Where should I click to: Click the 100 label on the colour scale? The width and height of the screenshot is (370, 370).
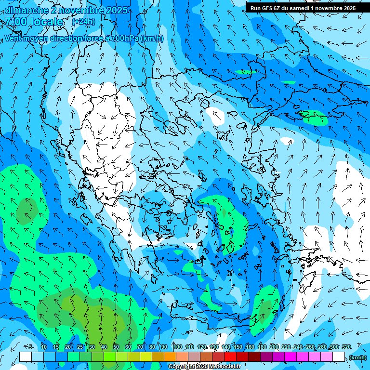pos(177,347)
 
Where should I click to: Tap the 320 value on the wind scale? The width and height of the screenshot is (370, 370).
pos(346,347)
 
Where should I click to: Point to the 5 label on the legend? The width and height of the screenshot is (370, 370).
pos(30,347)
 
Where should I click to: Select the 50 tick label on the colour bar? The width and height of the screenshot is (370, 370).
pos(116,347)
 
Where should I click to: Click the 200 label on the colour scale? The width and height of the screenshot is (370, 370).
pos(274,347)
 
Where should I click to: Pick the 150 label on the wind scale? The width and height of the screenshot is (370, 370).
pos(238,347)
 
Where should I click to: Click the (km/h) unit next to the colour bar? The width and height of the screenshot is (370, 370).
pos(357,357)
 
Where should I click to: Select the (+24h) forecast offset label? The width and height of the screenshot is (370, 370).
pos(83,21)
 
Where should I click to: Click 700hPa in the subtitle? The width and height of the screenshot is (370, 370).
pos(124,39)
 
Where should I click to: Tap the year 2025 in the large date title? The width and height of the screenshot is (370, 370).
pos(117,10)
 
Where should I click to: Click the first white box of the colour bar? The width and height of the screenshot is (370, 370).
pos(26,357)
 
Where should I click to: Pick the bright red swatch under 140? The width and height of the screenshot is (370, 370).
pos(230,357)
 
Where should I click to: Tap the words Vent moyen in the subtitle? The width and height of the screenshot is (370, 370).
pos(26,39)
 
